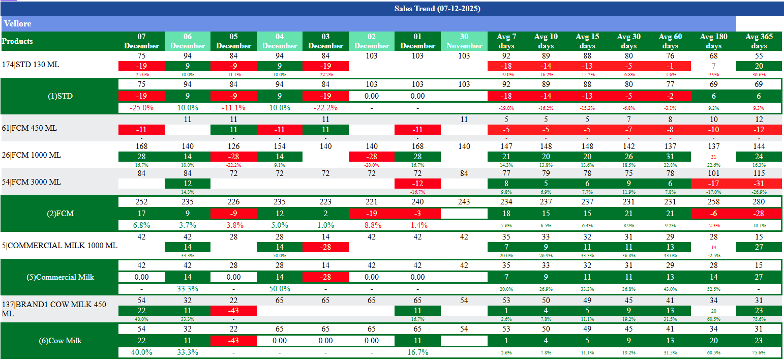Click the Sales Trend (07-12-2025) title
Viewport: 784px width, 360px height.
[x=437, y=9]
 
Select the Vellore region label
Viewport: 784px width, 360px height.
[x=17, y=24]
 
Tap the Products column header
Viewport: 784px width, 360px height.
[x=17, y=41]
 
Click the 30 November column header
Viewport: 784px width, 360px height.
[x=464, y=41]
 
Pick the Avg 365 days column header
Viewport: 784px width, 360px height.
[x=759, y=41]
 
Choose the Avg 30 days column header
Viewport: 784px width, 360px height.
[x=628, y=41]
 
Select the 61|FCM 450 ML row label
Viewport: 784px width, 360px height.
[x=29, y=128]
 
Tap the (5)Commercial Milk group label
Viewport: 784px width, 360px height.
[x=60, y=277]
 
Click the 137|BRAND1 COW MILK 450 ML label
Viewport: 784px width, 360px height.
[x=54, y=309]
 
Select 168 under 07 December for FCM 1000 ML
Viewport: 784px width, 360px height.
[x=141, y=146]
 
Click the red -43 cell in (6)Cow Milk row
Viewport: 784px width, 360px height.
[x=233, y=341]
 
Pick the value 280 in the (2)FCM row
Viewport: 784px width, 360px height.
[x=759, y=202]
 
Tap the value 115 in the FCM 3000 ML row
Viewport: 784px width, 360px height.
[x=759, y=174]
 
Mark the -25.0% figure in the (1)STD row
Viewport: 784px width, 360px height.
[x=141, y=108]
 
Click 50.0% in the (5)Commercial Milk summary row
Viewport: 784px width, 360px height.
[x=280, y=289]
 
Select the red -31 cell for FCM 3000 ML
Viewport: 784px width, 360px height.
[x=759, y=183]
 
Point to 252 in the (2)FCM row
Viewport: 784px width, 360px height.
[x=141, y=202]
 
